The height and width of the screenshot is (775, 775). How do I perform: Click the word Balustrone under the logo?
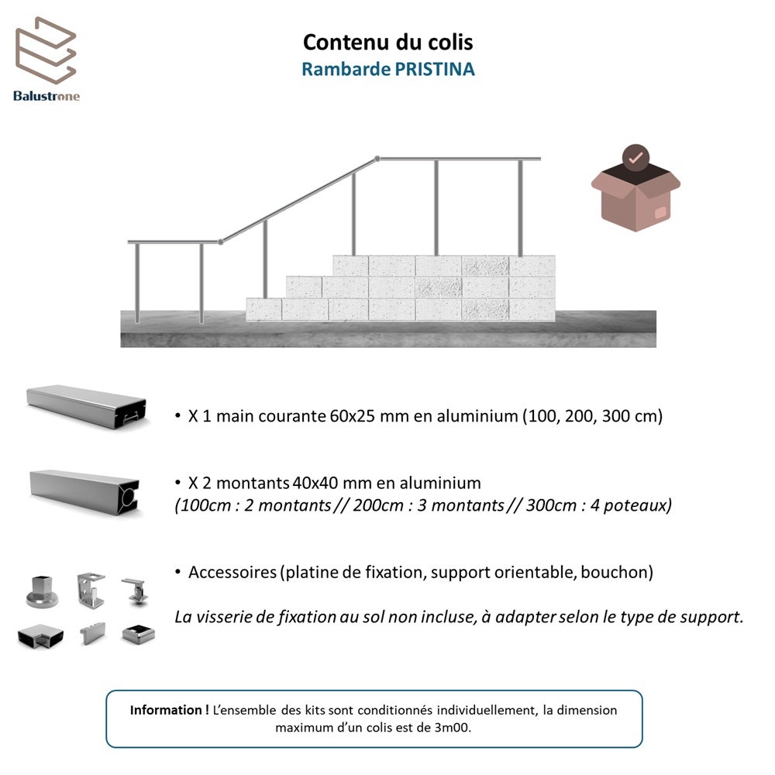coord(46,96)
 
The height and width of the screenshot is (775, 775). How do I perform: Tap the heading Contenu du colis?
coord(387,41)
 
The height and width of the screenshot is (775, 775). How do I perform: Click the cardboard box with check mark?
coord(635,198)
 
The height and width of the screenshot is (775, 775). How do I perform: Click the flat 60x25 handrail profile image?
coord(85,405)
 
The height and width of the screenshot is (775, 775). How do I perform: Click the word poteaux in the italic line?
coord(640,505)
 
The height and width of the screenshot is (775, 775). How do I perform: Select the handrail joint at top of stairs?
coord(377,159)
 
